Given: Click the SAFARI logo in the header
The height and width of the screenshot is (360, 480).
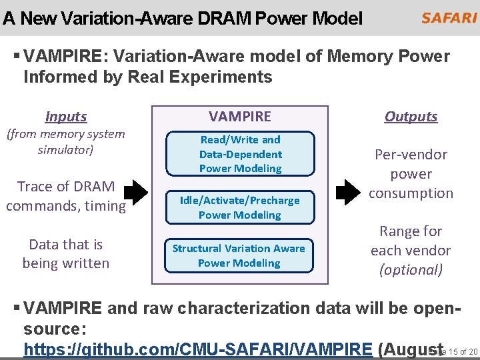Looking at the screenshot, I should click(448, 17).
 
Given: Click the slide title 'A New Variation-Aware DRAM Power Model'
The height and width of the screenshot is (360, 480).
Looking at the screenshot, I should click(183, 19).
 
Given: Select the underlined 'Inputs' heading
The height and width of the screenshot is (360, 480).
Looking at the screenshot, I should click(66, 117).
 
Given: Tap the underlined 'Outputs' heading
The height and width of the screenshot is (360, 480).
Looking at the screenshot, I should click(411, 117).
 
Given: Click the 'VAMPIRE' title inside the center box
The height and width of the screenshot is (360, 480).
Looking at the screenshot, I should click(239, 117).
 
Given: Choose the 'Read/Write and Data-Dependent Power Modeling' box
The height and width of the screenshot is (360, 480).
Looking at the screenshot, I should click(240, 154).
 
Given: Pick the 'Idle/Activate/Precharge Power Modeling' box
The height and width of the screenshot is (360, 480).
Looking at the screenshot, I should click(240, 207).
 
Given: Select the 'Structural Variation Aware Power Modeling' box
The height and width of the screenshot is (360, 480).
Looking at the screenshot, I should click(239, 255).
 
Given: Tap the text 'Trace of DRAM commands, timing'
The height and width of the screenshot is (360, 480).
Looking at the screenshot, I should click(66, 196).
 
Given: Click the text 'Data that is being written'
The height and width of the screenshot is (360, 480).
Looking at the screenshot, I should click(66, 254).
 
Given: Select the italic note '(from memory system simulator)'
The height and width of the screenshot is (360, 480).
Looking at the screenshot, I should click(66, 141).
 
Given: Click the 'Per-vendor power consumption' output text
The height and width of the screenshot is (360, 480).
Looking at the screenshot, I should click(411, 174).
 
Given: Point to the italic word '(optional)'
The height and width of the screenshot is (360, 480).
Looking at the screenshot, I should click(411, 270).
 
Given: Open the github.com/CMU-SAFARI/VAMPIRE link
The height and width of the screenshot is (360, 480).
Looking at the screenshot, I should click(197, 349).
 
